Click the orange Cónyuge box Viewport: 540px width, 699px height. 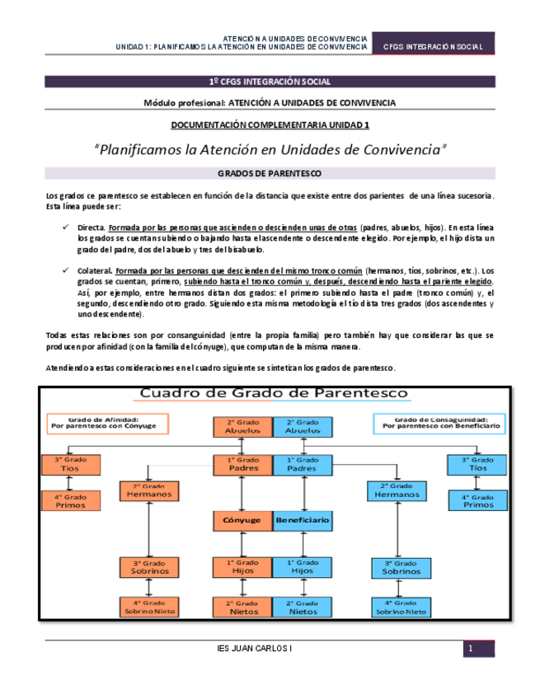(242, 521)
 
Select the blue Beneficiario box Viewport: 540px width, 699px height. (303, 521)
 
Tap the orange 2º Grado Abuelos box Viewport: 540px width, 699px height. (242, 426)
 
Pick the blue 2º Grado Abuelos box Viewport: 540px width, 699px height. (303, 426)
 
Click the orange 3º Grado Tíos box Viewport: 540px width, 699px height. (70, 464)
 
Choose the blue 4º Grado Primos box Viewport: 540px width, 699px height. (478, 500)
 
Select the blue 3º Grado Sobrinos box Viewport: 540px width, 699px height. (400, 566)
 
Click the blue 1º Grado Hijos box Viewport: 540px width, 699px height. (303, 566)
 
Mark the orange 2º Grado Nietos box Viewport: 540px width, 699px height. (242, 608)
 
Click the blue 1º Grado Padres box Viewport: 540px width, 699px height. (303, 464)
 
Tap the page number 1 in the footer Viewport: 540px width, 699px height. (469, 650)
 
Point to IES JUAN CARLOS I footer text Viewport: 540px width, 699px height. (252, 650)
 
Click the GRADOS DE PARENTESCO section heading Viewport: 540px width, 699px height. (269, 174)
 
